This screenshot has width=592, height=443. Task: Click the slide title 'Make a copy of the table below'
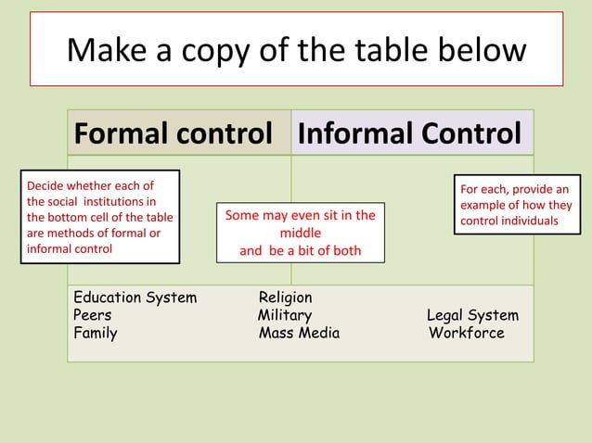(296, 49)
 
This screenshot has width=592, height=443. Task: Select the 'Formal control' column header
(173, 133)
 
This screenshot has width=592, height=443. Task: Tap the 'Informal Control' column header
(408, 133)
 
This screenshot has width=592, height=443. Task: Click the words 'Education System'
(135, 297)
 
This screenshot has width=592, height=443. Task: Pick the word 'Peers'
(93, 315)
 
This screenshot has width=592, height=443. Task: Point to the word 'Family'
(96, 333)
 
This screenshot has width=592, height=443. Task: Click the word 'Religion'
(286, 297)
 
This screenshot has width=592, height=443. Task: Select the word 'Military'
(285, 315)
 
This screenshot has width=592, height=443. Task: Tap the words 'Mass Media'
(299, 333)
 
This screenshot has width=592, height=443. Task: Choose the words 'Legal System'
(472, 316)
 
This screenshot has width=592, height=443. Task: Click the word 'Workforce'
(467, 333)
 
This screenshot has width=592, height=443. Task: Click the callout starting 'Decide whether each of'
(99, 217)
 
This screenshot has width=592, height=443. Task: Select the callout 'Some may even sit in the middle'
(301, 233)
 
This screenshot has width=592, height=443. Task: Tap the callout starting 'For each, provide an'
(516, 205)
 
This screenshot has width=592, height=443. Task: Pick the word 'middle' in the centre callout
(301, 233)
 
